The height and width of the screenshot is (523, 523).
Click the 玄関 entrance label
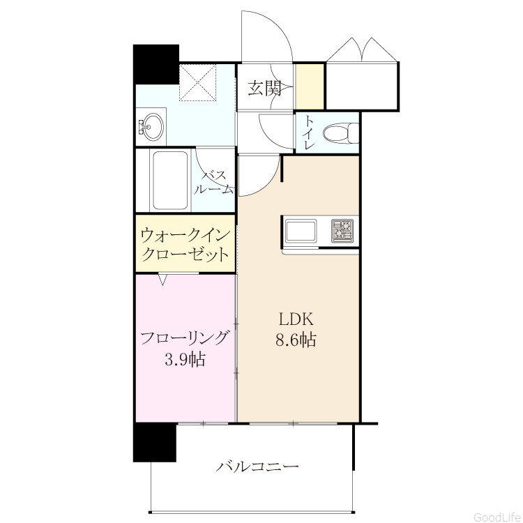pos(265,89)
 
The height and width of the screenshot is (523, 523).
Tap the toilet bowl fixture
pos(340,133)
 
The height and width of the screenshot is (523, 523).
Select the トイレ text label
pos(310,132)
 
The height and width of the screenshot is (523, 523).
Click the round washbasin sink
pos(151,127)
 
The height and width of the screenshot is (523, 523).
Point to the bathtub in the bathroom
pos(170,181)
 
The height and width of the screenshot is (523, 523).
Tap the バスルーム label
pos(213,183)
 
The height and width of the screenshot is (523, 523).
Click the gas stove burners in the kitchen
pos(342,231)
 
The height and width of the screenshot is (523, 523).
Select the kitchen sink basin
pos(300,231)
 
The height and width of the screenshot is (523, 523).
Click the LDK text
pos(296,319)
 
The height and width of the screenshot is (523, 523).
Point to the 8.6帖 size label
pos(296,340)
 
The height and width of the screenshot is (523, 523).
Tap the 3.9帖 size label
pos(185,359)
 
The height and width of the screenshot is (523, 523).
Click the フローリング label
pos(185,338)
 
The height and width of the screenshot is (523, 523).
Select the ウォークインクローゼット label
pos(185,245)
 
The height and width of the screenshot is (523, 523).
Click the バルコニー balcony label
pos(257,466)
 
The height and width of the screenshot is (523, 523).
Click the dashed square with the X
pos(198,82)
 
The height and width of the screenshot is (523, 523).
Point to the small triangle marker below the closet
pos(162,279)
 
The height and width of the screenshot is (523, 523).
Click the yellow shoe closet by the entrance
pos(310,86)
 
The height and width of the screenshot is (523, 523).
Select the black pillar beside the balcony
pos(155,442)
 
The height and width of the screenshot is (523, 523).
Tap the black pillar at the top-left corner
pos(156,64)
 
